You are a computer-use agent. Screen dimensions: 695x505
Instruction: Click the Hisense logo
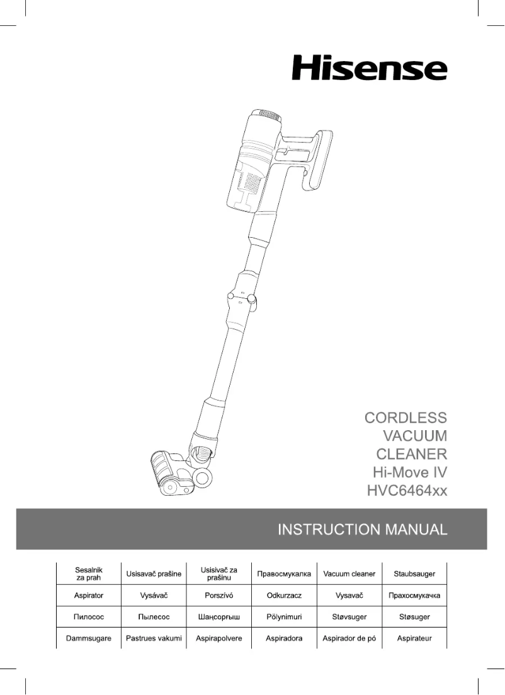tap(369, 67)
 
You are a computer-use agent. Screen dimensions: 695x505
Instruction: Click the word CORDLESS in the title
tap(406, 418)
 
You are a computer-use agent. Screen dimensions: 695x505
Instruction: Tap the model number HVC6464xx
tap(407, 489)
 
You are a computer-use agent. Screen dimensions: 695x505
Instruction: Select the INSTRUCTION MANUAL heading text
tap(363, 529)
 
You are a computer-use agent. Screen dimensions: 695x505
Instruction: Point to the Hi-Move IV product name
tap(410, 472)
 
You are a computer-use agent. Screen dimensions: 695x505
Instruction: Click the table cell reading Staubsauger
tap(414, 574)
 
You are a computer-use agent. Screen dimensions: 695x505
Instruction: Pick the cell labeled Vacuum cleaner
tap(349, 574)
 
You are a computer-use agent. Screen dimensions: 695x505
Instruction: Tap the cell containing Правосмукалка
tap(284, 574)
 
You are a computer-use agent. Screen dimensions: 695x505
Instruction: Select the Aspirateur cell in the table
tap(414, 638)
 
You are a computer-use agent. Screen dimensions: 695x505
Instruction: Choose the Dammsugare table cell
tap(89, 638)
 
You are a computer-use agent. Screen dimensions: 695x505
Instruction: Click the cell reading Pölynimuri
tap(284, 616)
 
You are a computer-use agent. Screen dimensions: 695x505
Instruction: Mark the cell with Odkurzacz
tap(284, 595)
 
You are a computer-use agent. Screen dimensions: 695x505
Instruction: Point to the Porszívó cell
tap(219, 595)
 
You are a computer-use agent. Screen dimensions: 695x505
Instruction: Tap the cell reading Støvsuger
tap(349, 616)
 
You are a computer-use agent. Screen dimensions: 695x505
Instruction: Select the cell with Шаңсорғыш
tap(219, 616)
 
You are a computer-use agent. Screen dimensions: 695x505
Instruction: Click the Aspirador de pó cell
tap(349, 638)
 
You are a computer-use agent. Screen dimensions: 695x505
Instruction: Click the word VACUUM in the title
tap(415, 435)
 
